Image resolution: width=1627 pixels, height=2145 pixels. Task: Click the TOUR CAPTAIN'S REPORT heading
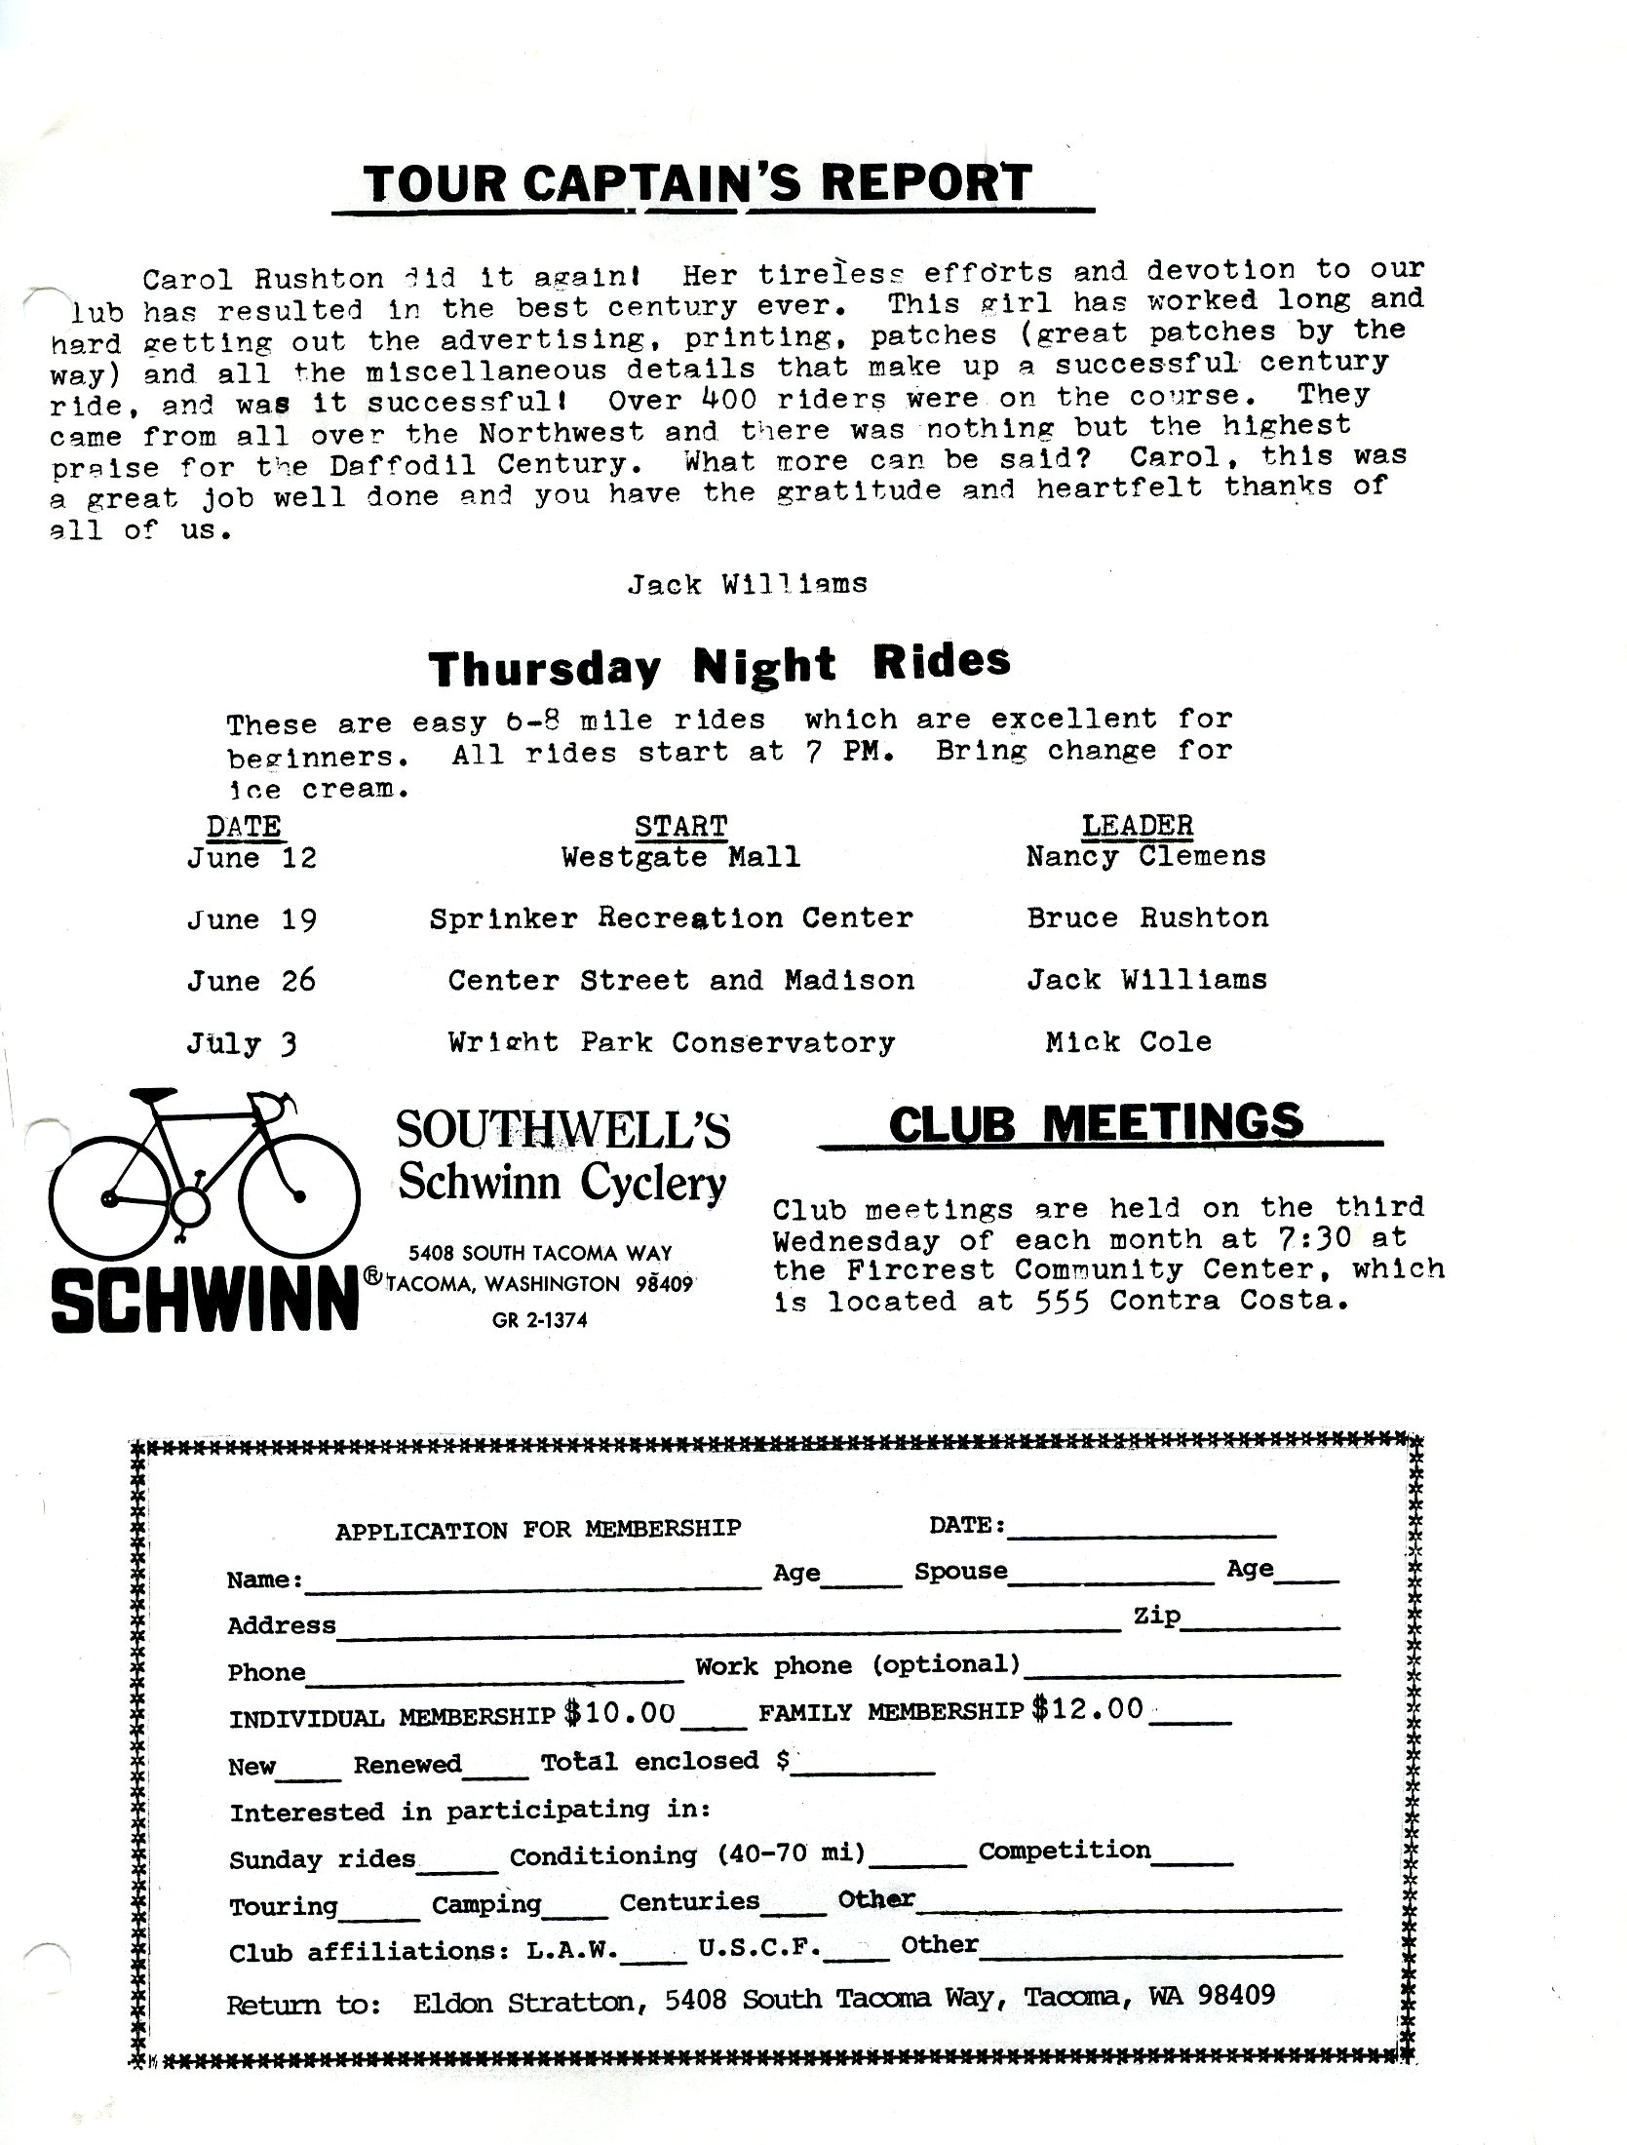click(x=696, y=183)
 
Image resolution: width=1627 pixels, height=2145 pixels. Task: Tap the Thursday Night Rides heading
click(x=719, y=665)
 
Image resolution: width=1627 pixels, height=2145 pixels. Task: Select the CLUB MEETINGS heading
click(x=1096, y=1122)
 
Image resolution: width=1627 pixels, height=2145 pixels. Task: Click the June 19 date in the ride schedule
click(x=252, y=919)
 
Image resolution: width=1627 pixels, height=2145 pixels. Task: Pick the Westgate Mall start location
click(x=680, y=857)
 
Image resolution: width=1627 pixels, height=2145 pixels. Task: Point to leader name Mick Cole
click(x=1128, y=1041)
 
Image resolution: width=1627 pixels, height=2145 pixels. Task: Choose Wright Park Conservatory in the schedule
click(x=671, y=1042)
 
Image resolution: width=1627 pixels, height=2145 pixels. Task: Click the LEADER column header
click(x=1137, y=825)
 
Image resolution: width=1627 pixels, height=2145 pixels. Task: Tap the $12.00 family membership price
click(x=1087, y=1709)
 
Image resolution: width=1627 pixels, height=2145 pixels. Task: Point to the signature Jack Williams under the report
click(x=747, y=584)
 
